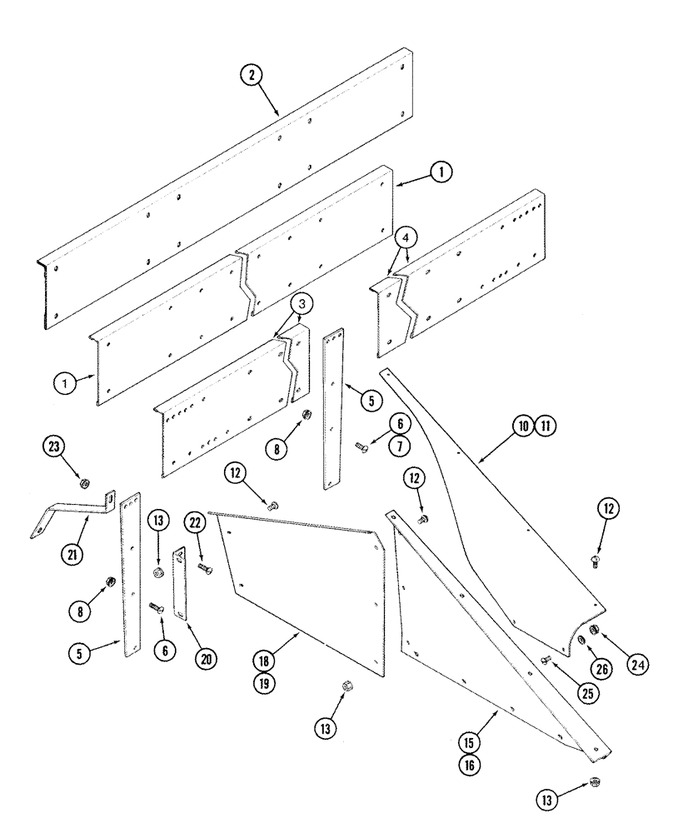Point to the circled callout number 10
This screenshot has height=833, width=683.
[x=522, y=426]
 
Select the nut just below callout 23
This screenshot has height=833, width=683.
[x=86, y=482]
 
